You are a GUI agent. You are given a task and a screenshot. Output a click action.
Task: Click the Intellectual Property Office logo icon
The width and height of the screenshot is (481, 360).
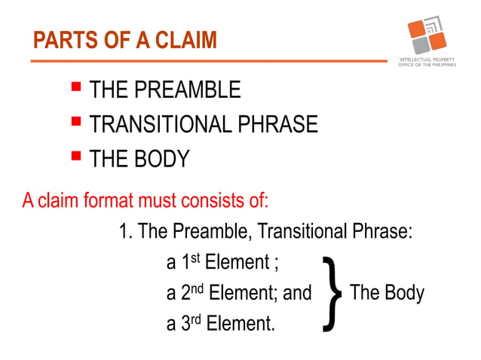click(427, 35)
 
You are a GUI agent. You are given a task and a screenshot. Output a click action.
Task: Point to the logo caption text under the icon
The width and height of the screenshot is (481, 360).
click(427, 63)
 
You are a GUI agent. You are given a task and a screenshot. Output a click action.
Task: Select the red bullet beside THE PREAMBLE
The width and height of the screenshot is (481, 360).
click(75, 88)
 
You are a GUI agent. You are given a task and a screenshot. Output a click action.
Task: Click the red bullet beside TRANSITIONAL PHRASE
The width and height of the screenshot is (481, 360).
click(75, 122)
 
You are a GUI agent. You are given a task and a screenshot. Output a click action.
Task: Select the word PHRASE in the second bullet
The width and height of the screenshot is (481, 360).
click(278, 124)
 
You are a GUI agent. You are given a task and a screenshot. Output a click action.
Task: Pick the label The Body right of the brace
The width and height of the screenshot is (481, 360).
click(387, 292)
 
